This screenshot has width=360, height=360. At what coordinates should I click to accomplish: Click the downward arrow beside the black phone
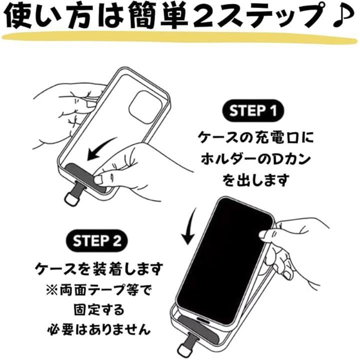[187, 227]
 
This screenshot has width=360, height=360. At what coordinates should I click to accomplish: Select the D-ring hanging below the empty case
[71, 197]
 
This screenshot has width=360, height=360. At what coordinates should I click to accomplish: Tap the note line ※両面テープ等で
[97, 290]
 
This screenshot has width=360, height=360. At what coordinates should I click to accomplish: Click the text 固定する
[97, 310]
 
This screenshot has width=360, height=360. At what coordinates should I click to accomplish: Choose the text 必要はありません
[97, 330]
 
